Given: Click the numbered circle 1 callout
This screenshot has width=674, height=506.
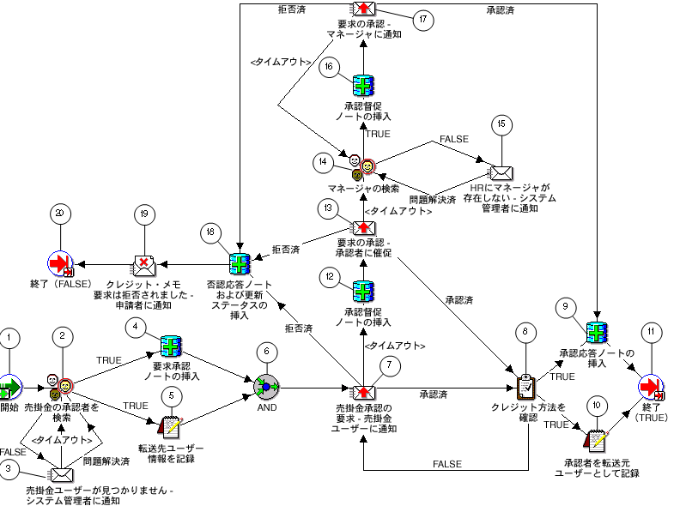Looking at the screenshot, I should (x=9, y=338).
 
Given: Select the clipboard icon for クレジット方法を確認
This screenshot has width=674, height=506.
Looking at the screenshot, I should (x=526, y=387).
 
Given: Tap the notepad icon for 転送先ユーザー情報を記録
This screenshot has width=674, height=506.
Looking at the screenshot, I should (x=171, y=424).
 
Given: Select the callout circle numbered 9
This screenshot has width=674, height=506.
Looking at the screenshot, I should (x=565, y=306).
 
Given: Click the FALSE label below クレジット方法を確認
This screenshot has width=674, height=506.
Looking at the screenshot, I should (x=446, y=464).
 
